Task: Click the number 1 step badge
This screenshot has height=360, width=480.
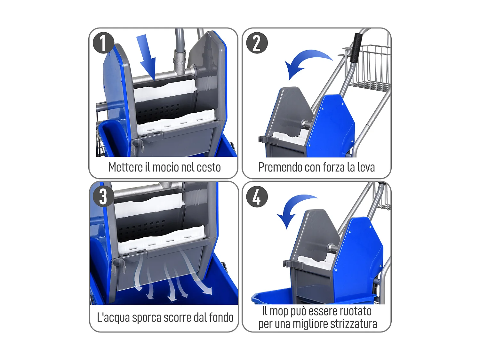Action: pos(103,43)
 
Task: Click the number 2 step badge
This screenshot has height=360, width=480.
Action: pos(257,43)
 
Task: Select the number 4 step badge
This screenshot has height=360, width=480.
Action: pos(257,197)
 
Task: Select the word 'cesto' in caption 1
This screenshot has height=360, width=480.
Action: pos(208,167)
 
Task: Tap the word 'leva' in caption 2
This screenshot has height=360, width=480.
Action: pos(365,167)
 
